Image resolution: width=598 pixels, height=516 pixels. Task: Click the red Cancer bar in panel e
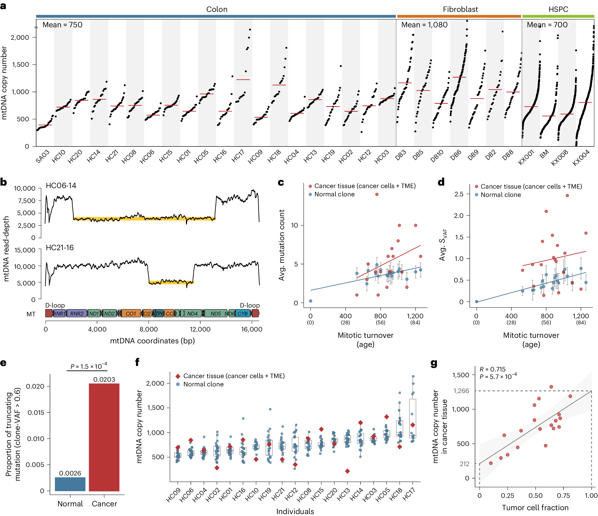(104, 437)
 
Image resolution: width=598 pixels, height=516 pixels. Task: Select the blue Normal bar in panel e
(70, 484)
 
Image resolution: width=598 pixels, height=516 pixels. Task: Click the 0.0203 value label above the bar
(104, 379)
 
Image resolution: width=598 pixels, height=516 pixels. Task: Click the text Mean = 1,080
(424, 25)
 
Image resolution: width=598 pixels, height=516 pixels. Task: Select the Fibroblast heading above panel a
(460, 9)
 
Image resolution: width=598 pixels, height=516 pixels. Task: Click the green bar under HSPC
(558, 17)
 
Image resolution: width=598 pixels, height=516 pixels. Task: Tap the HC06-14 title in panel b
(61, 186)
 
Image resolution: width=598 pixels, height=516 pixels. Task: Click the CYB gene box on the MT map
(243, 313)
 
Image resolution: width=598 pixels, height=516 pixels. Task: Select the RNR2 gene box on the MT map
(77, 313)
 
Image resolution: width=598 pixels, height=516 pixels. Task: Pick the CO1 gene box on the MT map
(131, 313)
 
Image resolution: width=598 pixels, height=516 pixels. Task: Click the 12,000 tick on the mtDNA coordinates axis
(200, 329)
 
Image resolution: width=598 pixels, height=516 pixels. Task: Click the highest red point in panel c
(377, 194)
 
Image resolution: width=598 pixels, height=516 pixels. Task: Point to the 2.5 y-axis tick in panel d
(459, 194)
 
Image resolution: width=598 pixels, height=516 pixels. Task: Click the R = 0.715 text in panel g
(492, 369)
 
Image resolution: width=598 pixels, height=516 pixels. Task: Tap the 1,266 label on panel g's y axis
(461, 391)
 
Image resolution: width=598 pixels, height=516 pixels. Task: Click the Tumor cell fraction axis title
(535, 508)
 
